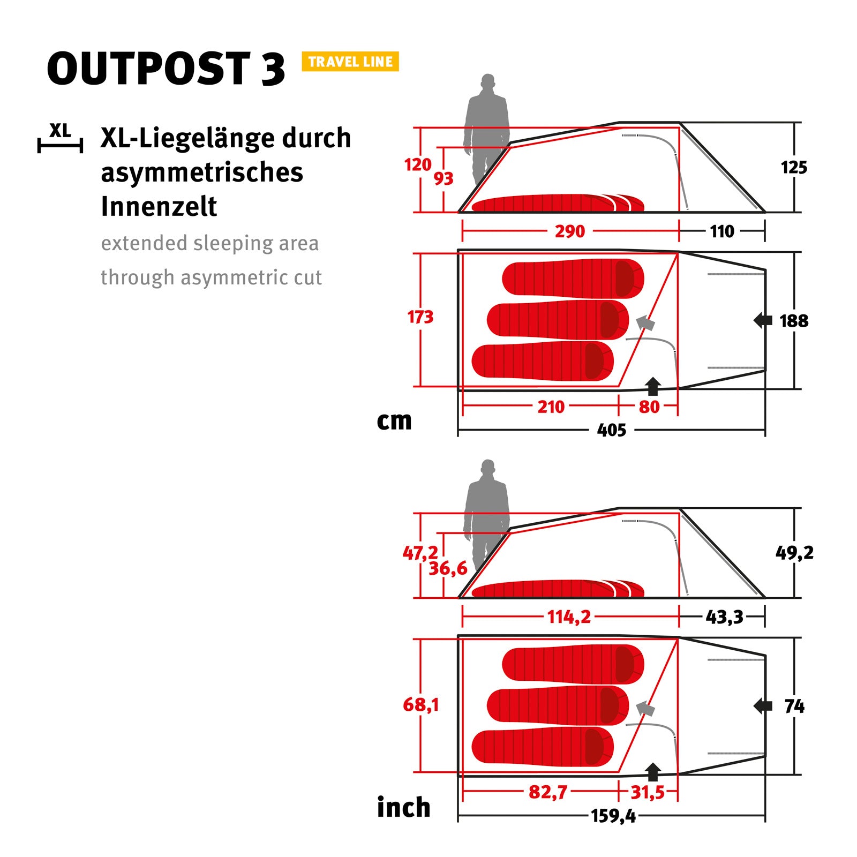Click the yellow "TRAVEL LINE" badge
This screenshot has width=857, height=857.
(350, 62)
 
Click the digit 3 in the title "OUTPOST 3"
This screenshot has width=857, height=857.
(273, 69)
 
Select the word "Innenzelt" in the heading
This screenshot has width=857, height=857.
(159, 206)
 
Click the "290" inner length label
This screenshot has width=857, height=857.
(570, 231)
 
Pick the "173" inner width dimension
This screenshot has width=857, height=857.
(420, 317)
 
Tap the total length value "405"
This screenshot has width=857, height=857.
(612, 430)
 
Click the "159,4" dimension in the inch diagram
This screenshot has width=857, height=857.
(613, 816)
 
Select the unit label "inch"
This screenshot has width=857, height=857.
(404, 807)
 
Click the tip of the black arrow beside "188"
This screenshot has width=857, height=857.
(754, 321)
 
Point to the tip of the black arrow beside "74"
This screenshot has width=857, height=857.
(754, 706)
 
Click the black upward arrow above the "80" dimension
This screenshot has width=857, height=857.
(653, 386)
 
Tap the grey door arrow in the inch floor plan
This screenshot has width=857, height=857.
(645, 709)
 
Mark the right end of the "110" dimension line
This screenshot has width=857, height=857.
(765, 231)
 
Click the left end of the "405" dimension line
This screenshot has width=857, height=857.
(458, 430)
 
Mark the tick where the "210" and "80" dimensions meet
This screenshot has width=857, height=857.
(619, 407)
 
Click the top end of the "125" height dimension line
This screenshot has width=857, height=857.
(794, 123)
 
